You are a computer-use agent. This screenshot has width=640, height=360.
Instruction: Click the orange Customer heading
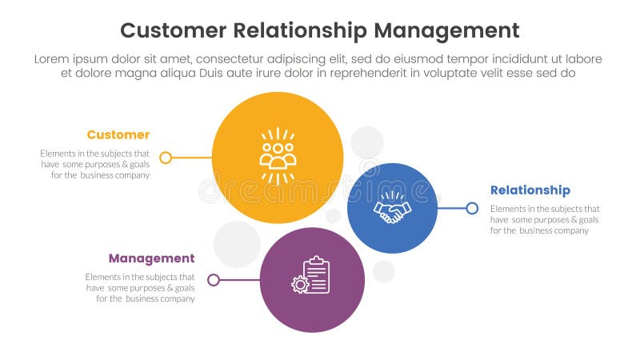point(118,134)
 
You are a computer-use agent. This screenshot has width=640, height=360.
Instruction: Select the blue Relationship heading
point(530,190)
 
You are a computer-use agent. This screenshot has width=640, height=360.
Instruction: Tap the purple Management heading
point(151,258)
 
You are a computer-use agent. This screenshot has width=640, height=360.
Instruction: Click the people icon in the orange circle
point(278,156)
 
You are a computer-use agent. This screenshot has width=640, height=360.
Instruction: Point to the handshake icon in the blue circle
point(392,209)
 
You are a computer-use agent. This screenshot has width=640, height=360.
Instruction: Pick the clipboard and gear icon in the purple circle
point(312,276)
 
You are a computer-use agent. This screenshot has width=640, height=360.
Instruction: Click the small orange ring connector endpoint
point(166,158)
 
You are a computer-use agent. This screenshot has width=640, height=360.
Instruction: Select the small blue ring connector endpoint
point(472,208)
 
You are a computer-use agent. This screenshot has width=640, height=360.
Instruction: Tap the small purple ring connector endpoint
point(214,280)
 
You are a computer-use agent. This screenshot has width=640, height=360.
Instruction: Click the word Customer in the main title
point(174,30)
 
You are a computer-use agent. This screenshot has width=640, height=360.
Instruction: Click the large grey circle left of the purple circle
point(237,244)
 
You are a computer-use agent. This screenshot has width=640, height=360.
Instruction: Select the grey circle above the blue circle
point(367,142)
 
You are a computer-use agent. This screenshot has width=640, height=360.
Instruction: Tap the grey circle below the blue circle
point(384,271)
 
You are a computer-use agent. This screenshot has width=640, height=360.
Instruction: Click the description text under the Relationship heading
point(544,219)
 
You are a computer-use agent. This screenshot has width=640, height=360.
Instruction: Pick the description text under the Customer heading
point(95,164)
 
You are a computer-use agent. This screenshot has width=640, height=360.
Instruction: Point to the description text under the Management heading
point(140,287)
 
